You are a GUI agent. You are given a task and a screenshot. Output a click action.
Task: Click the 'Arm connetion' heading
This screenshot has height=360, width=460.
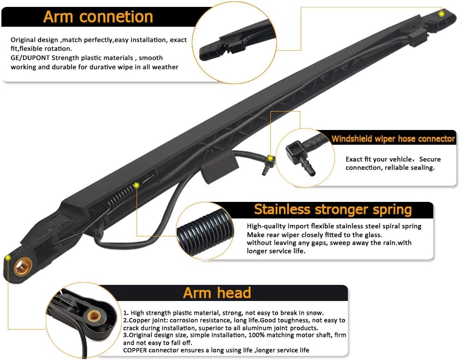tap(98, 17)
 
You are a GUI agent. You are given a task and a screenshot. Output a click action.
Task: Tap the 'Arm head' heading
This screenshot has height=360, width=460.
tap(217, 293)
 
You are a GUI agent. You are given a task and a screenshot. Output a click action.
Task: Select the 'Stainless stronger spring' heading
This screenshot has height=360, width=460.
tap(333, 210)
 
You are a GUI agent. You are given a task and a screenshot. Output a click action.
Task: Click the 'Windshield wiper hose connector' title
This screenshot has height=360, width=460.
tap(393, 139)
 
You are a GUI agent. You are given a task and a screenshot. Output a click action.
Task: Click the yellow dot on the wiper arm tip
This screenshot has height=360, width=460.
tap(442, 14)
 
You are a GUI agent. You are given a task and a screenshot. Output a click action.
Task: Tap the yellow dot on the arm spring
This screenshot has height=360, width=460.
tap(137, 185)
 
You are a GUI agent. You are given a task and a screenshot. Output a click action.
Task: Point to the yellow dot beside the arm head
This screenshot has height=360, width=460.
tap(8, 257)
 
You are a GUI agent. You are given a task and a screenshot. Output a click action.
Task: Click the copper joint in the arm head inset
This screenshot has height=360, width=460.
tap(95, 316)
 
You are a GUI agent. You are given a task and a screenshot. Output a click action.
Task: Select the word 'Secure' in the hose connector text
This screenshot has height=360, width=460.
tap(430, 159)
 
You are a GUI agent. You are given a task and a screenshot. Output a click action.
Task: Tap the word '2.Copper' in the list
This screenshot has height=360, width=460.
tap(138, 320)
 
